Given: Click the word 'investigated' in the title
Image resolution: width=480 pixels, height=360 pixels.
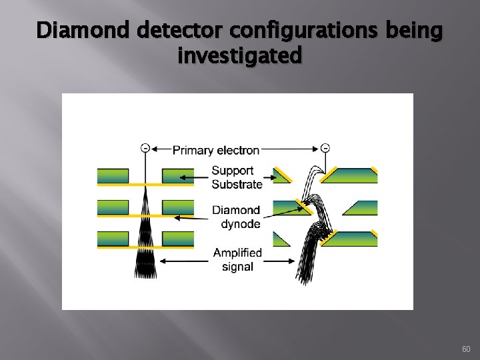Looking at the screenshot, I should point(239,56).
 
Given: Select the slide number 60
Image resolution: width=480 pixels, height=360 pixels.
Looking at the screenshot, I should point(465,349).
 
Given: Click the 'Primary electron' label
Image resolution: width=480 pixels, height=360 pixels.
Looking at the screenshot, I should point(216,150).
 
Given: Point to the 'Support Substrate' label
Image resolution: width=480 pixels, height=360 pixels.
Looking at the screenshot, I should point(237,177).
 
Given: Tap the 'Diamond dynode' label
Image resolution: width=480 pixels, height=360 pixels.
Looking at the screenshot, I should point(236,217).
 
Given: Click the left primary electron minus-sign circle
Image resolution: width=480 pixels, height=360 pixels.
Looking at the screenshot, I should point(145,147).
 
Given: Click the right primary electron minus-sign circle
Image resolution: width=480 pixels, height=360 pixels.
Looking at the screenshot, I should point(325,147).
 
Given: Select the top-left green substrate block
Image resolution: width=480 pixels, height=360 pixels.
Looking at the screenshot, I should point(113,175).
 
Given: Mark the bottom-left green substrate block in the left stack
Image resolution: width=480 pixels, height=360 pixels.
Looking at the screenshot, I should point(113,239).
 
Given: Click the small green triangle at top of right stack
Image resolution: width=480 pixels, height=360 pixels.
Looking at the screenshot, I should point(281,175).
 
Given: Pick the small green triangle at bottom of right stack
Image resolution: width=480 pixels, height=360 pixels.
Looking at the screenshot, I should point(280,240).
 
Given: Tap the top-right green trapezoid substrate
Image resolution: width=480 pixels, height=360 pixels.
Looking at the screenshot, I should point(351,175).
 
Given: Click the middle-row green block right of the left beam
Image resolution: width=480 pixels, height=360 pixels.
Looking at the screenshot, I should point(178,207).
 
